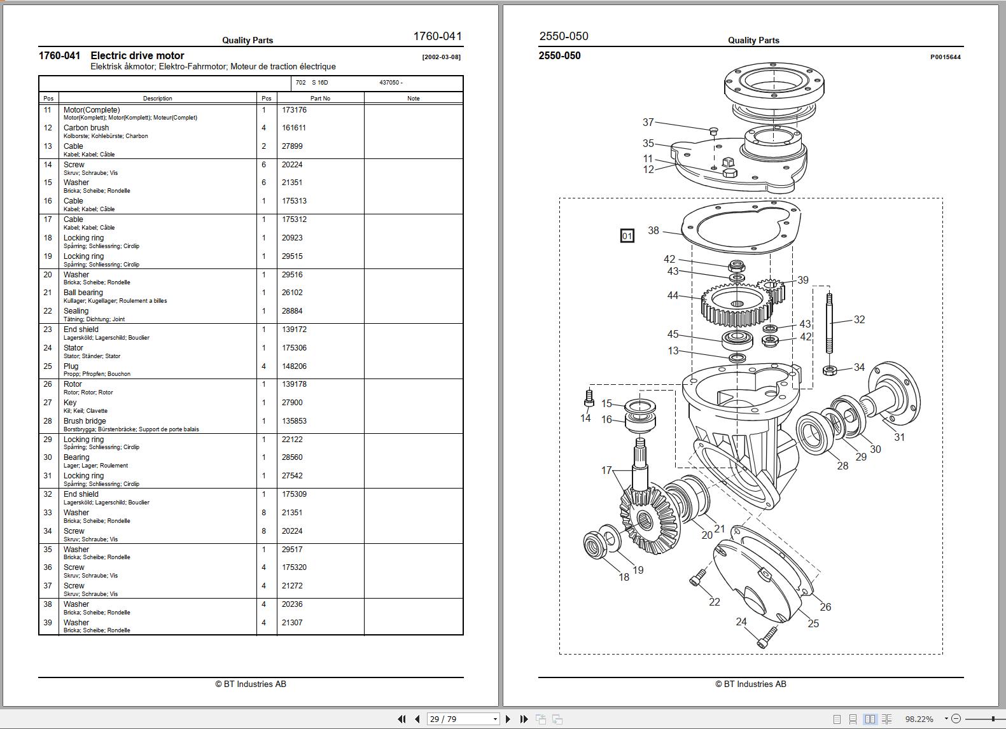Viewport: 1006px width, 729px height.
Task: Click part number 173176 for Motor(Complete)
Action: coord(294,110)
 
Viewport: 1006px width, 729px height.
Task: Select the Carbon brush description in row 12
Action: coord(86,128)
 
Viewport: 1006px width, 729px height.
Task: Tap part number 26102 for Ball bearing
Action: coord(292,293)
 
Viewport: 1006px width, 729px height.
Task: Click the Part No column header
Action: coord(320,99)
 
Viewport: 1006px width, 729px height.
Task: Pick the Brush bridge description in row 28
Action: coord(85,421)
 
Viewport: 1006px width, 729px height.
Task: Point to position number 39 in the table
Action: coord(48,623)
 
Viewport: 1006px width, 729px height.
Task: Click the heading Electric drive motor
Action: coord(137,56)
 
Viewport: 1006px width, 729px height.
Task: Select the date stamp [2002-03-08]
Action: coord(441,57)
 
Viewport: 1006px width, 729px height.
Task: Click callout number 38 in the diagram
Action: coord(653,230)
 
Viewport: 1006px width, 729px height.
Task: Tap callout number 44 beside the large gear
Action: coord(673,295)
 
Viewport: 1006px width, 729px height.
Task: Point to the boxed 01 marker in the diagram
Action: coord(627,236)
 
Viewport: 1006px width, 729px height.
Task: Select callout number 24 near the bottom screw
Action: coord(741,621)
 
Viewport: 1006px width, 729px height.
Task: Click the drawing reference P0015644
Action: coord(945,57)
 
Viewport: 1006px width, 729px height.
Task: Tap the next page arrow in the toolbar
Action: coord(508,719)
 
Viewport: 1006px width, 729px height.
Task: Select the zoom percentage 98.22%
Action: coord(919,719)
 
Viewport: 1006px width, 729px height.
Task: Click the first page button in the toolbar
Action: coord(402,719)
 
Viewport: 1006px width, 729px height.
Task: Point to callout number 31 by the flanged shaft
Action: coord(899,437)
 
